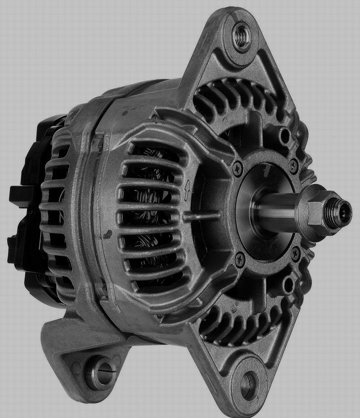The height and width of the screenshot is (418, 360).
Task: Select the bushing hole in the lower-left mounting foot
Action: pos(99,372)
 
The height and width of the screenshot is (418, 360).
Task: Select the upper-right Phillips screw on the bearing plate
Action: pos(294,164)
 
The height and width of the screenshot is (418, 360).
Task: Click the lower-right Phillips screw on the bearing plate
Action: pos(296,253)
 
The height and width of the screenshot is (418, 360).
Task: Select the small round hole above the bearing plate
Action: pos(285,135)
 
